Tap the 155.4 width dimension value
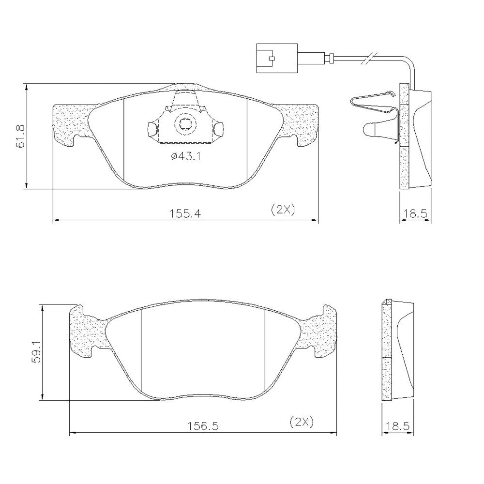pyautogui.click(x=185, y=213)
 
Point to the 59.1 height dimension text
pyautogui.click(x=37, y=351)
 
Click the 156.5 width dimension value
pyautogui.click(x=203, y=426)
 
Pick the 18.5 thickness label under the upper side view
pyautogui.click(x=415, y=213)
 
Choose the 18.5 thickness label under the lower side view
pyautogui.click(x=398, y=426)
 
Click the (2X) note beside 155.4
pyautogui.click(x=283, y=210)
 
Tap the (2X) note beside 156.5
pyautogui.click(x=302, y=422)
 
